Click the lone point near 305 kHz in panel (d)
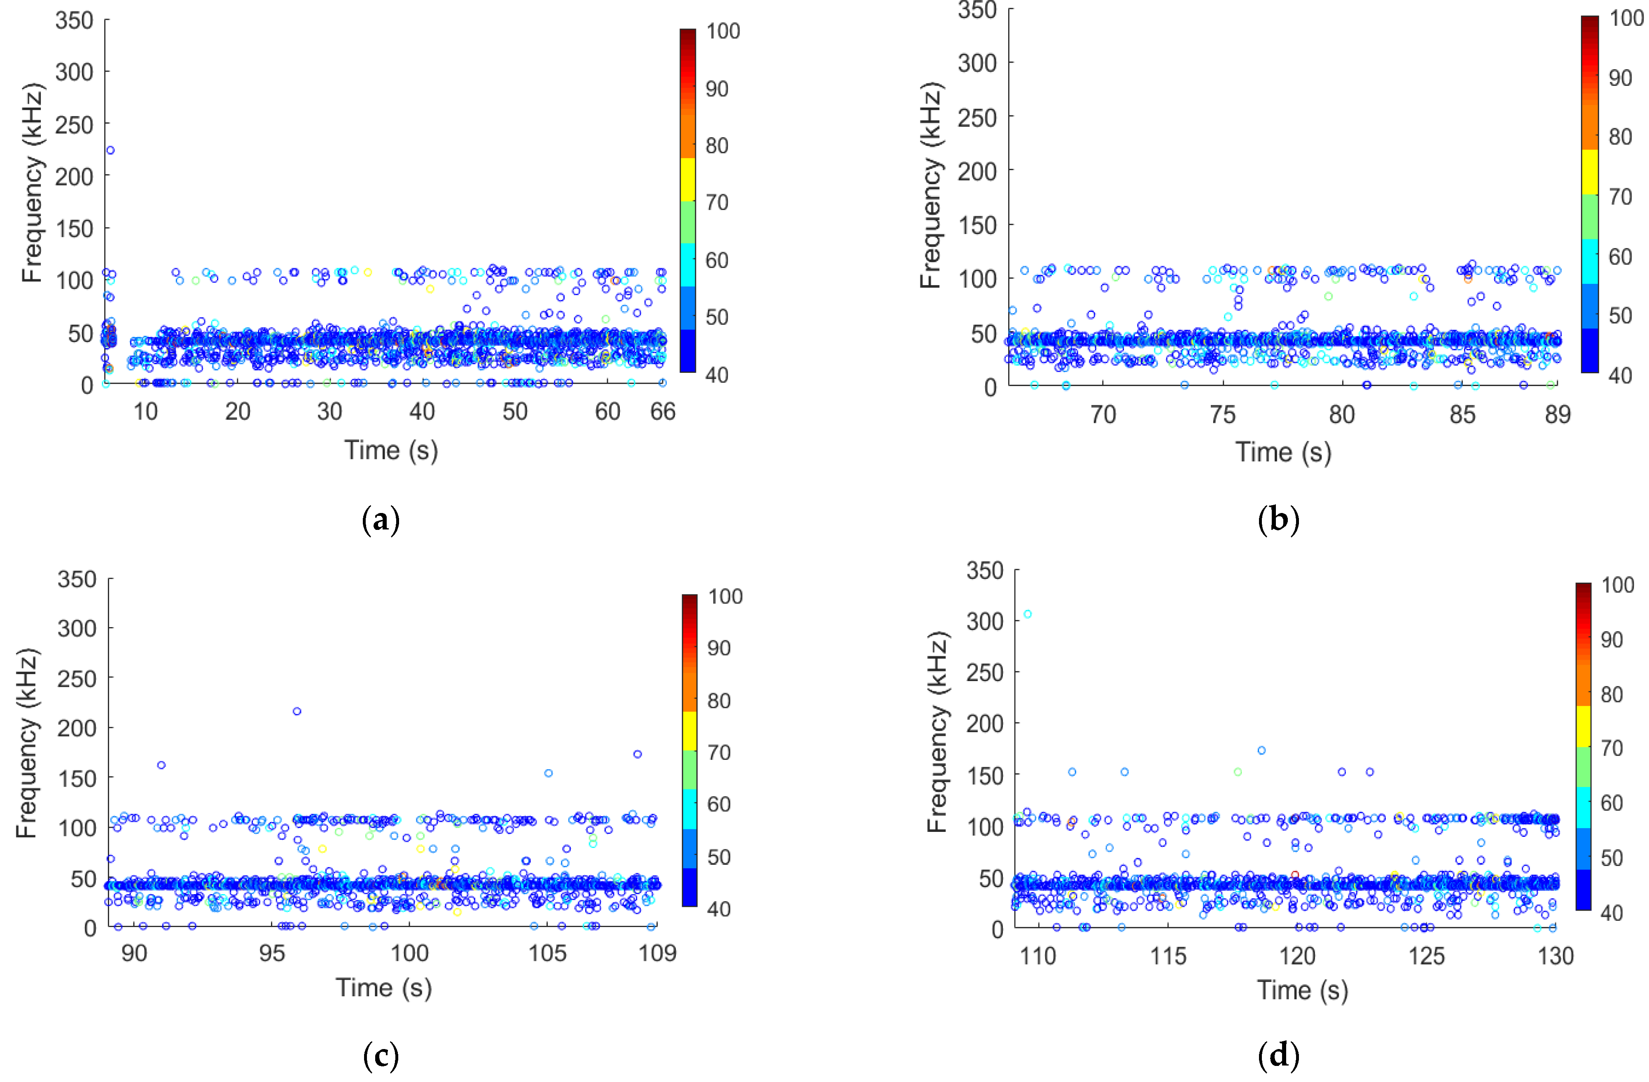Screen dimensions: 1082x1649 1028,614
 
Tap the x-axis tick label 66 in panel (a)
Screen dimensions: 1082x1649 662,412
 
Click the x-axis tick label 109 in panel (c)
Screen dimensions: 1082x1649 657,953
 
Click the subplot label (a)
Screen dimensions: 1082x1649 381,520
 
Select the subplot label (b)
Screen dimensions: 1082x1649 1278,520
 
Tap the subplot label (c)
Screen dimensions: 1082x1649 381,1056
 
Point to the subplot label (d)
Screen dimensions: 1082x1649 1278,1056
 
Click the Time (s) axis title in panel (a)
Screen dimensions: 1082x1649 392,450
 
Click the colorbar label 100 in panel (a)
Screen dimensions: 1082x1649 723,31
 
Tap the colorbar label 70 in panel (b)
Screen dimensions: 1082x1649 1620,197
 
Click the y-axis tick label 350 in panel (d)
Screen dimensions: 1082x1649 985,571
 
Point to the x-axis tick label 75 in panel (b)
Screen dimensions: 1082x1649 1222,415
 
